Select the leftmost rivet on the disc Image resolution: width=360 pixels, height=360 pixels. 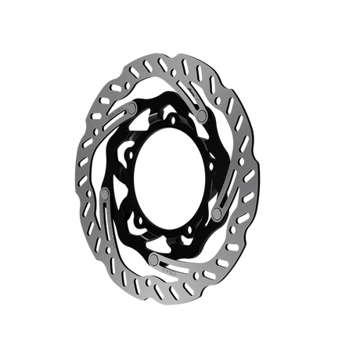[106, 193]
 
